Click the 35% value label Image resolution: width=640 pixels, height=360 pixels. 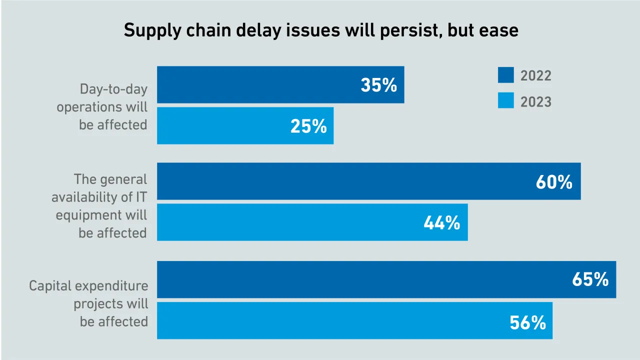pos(378,85)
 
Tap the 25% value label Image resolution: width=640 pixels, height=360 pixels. pos(308,126)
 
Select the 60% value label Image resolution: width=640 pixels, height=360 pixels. pos(554,182)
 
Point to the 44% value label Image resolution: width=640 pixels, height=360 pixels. pos(441,223)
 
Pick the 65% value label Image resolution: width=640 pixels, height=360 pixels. pos(590,279)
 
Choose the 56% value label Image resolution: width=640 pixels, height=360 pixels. pos(527,323)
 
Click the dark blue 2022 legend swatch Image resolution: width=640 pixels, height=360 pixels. pos(505,75)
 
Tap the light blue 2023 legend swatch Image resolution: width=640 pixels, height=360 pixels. pos(505,101)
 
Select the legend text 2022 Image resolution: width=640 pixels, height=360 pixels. pos(535,76)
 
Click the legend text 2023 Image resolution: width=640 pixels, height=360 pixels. pos(535,102)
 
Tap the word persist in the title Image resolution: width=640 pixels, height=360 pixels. pos(403,31)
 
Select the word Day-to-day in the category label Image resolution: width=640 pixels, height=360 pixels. pos(113,89)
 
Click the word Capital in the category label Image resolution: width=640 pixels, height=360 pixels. pos(50,286)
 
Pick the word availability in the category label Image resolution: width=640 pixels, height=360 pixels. pos(84,197)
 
